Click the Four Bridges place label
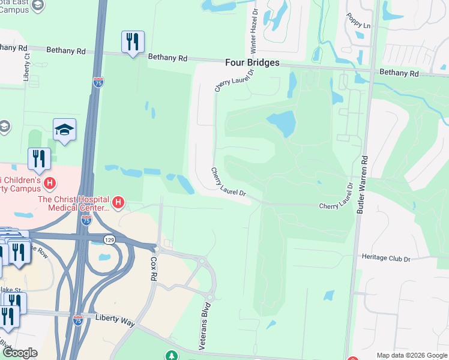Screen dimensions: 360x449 point(252,62)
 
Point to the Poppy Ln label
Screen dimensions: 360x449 point(359,24)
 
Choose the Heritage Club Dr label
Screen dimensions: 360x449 point(385,259)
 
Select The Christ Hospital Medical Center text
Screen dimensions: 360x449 point(74,203)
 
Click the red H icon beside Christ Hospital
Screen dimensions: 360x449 point(118,203)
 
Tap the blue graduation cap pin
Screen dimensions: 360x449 point(64,130)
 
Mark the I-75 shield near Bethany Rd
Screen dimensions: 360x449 point(98,82)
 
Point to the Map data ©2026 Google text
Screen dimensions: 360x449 point(411,355)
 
